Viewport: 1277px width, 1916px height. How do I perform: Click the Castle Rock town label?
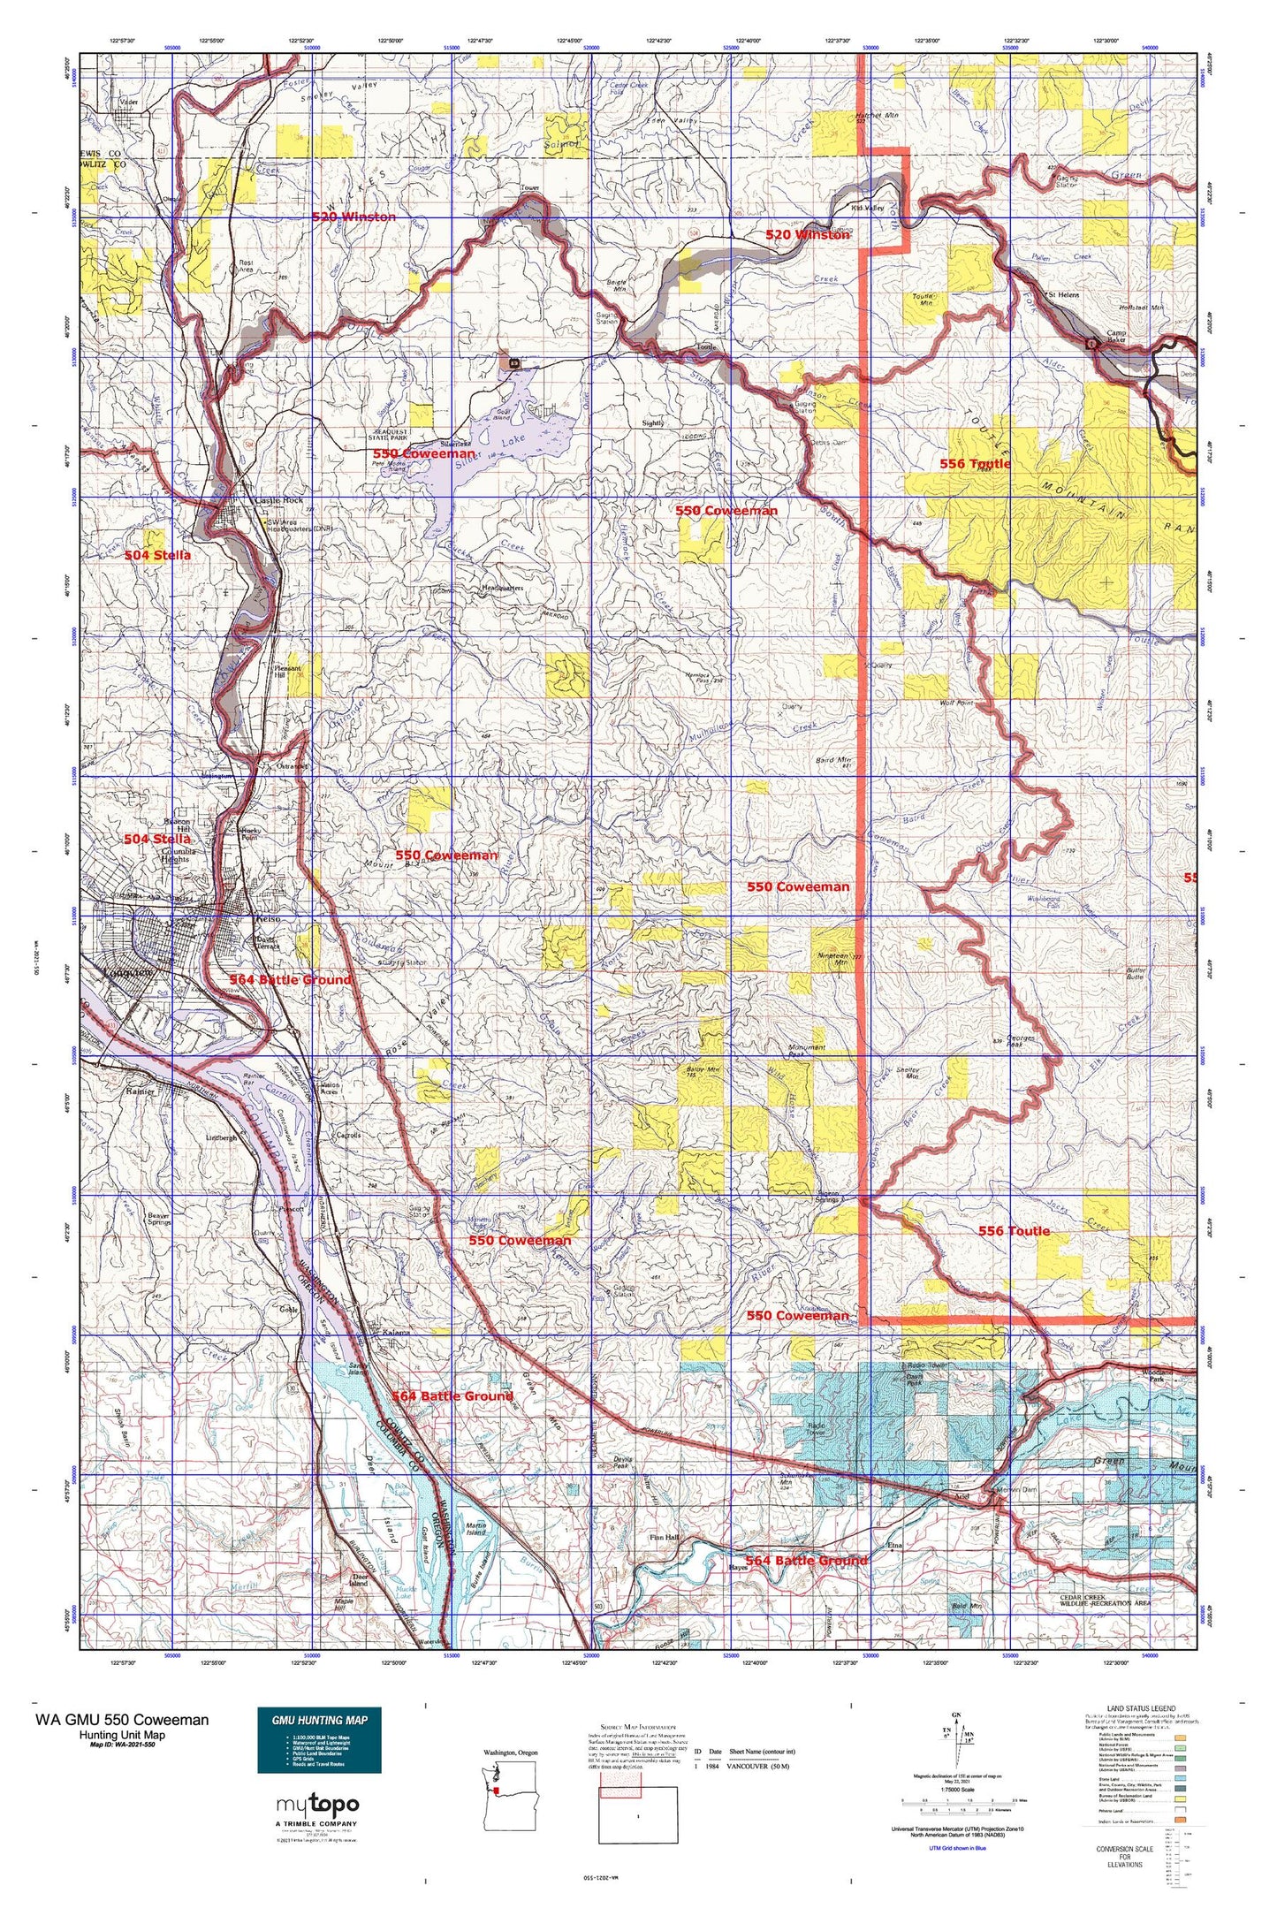(x=279, y=500)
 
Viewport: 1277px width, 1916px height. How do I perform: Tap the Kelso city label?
(x=268, y=919)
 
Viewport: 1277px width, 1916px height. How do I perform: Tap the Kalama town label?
(x=396, y=1332)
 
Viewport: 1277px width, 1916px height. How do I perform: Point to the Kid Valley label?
(x=867, y=209)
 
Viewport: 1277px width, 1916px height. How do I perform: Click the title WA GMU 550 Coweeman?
(x=122, y=1718)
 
